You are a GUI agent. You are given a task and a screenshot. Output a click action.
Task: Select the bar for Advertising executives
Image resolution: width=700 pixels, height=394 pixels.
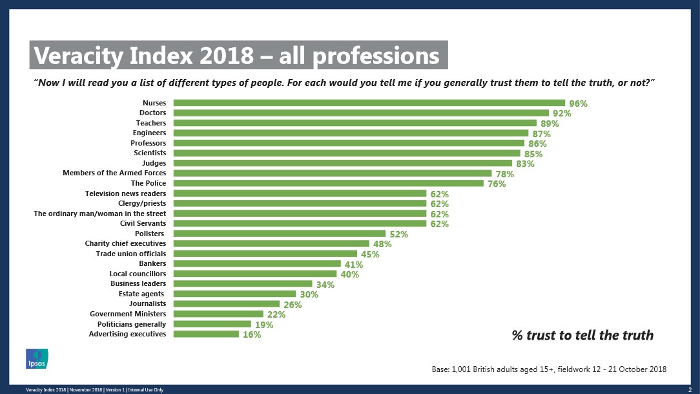[206, 334]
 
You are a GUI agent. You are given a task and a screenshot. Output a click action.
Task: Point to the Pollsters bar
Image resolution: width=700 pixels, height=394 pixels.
[280, 234]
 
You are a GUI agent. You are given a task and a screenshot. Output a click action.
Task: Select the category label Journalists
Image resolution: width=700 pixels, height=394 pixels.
[147, 303]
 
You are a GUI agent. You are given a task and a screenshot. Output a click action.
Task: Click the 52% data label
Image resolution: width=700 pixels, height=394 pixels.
[398, 234]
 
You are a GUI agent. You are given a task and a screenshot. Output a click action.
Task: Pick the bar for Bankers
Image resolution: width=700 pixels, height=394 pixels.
[257, 263]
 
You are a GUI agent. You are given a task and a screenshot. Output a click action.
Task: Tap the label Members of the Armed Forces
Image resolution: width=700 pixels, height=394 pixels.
[114, 173]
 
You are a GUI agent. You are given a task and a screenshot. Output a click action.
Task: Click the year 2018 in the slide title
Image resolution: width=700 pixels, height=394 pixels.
[226, 56]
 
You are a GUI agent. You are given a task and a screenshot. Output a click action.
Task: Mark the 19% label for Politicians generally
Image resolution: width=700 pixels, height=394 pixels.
[264, 325]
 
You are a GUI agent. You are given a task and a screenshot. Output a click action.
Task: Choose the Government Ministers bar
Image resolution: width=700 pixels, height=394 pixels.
[218, 314]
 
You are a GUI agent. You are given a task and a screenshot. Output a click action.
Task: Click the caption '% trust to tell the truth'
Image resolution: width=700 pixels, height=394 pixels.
[582, 335]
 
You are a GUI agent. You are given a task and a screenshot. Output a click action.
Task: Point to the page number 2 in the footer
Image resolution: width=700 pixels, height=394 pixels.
[690, 389]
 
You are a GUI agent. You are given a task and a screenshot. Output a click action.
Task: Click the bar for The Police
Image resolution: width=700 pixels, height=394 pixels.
[328, 183]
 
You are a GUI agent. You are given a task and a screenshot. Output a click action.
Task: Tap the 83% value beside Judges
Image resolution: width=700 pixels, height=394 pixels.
[525, 164]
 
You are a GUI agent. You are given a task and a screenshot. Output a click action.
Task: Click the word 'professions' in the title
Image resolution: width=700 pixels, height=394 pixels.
[376, 56]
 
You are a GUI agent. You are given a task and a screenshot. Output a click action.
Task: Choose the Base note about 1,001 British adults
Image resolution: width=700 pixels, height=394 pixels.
[549, 369]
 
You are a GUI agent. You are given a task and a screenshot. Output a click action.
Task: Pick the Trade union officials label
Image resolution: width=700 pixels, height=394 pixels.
[131, 254]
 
